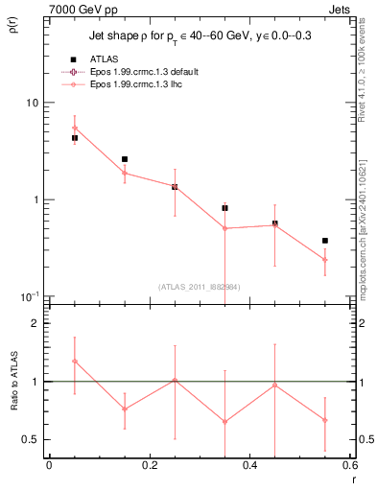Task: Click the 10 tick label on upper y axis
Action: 31,103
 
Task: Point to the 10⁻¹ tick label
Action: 29,295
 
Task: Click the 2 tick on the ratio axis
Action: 35,324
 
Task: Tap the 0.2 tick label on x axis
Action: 149,465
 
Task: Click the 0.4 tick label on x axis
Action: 249,465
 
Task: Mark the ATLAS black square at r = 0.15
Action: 125,159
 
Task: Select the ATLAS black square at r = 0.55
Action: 325,241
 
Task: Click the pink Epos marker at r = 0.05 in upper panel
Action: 75,128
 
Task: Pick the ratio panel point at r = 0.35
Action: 224,421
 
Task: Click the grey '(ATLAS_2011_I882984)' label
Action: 199,286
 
